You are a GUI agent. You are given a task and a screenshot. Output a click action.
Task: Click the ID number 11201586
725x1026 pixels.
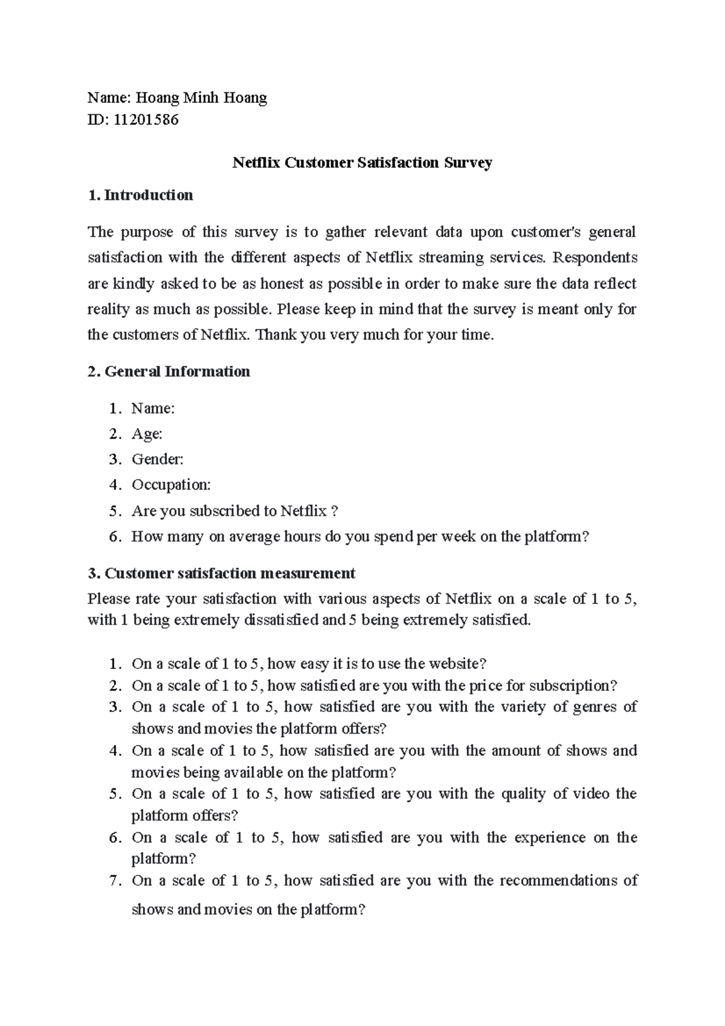(146, 120)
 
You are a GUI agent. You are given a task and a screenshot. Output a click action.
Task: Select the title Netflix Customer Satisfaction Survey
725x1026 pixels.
(362, 163)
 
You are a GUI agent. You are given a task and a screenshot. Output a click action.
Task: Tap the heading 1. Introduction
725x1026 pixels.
(140, 195)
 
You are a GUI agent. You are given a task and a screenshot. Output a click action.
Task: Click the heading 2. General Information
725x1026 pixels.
(169, 371)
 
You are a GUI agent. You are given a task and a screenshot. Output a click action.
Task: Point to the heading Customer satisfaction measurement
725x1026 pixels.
(230, 573)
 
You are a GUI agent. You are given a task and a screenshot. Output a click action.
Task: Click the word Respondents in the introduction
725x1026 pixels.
(595, 257)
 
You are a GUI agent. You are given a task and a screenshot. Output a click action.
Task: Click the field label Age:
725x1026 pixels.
(147, 434)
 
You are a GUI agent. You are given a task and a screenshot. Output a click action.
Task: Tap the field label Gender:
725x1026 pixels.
(157, 459)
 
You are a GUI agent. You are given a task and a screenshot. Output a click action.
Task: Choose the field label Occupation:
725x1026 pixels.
(171, 485)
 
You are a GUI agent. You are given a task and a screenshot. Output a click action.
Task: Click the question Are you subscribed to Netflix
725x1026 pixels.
(234, 511)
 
